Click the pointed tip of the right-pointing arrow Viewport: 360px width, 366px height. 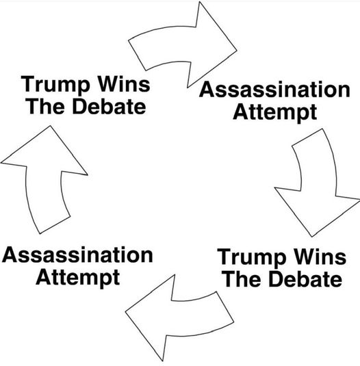pos(237,50)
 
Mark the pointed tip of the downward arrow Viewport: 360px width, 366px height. pos(312,237)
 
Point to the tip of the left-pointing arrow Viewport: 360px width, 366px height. pos(126,312)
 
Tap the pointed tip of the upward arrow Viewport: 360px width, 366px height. pos(50,126)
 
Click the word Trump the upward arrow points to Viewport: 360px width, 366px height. pos(55,86)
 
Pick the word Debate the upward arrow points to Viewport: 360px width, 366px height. pos(109,106)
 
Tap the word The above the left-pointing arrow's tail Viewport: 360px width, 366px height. pos(242,279)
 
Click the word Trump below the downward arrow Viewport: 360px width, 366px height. pos(252,258)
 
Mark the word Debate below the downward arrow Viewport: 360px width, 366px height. pos(305,279)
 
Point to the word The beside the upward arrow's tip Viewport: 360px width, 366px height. pos(45,106)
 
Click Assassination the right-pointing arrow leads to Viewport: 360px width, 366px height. pos(274,89)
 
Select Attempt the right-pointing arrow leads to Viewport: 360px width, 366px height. pos(274,113)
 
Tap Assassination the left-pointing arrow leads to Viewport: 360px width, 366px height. pos(77,255)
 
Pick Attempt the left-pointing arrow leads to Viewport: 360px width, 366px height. pos(78,278)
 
